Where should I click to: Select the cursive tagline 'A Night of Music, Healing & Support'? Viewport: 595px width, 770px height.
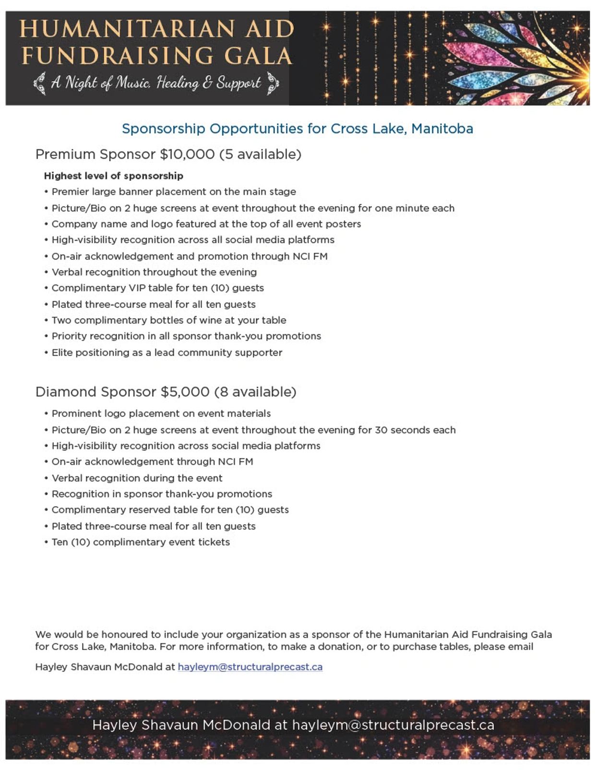coord(156,83)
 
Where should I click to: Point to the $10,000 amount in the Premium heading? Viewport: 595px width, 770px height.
coord(187,154)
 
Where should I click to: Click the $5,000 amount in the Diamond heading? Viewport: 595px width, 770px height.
coord(185,392)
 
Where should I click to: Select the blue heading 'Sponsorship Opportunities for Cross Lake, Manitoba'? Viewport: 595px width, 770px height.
coord(297,129)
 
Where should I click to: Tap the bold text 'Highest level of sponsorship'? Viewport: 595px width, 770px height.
coord(114,176)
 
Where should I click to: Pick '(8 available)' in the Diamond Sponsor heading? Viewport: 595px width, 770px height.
coord(255,392)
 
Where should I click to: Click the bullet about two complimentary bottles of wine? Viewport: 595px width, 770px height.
coord(169,320)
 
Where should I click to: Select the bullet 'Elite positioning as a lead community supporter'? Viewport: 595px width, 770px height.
coord(167,353)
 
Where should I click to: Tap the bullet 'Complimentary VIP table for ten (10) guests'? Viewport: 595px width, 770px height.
coord(158,288)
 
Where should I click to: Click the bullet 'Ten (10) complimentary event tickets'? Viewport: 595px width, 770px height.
coord(141,542)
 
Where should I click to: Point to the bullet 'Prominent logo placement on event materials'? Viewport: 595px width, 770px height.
coord(161,414)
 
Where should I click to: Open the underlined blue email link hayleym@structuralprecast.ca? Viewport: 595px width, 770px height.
coord(250,667)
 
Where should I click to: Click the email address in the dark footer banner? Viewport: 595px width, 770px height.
coord(393,725)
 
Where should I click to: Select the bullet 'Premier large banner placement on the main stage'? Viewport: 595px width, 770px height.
coord(174,192)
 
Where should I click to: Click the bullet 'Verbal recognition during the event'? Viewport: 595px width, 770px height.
coord(137,478)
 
